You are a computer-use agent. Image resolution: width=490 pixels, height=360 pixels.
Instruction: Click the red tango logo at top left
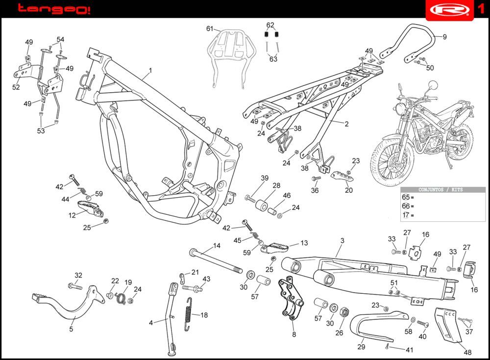coord(53,9)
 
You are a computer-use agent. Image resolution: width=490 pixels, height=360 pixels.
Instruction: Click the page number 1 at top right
coord(481,9)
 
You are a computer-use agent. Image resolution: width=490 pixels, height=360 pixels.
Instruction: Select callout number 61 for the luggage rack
coord(210,29)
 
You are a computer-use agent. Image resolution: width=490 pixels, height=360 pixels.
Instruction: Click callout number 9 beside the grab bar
coord(444,37)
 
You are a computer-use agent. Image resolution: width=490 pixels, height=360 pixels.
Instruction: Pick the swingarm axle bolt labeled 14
coord(216,260)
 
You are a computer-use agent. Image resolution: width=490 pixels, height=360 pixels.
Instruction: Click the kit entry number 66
coord(406,206)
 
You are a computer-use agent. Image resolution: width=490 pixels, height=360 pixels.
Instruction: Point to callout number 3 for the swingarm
coord(342,240)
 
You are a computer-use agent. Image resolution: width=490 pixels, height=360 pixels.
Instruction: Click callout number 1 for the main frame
coord(150,70)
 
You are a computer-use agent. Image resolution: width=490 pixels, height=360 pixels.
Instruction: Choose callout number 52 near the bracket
coord(16,87)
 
